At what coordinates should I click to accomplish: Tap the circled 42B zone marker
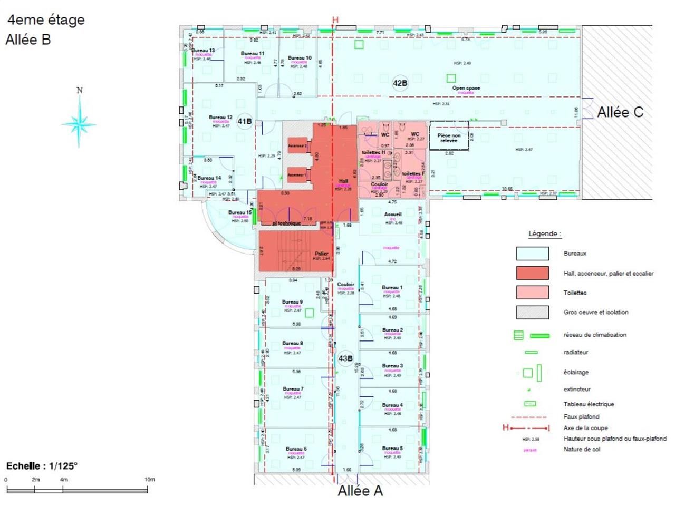coord(400,83)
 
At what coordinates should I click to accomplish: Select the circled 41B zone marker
coord(244,121)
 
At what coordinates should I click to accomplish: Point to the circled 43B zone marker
coord(345,358)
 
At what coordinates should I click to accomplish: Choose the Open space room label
coord(466,88)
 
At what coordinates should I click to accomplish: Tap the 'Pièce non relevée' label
coord(449,138)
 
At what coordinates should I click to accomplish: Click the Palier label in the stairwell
coord(322,254)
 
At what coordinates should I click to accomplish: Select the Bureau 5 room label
coord(392,449)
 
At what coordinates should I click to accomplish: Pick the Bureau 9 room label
coord(292,302)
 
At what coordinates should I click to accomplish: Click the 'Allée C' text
coord(620,112)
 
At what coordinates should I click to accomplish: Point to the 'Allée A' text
coord(360,491)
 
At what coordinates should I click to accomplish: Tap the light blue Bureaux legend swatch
coord(532,254)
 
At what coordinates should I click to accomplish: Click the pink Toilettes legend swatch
coord(532,293)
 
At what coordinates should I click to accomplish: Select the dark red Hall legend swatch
coord(532,273)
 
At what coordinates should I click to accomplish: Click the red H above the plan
coord(335,20)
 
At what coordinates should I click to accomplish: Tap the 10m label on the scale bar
coord(150,480)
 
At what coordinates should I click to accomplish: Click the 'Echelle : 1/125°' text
coord(42,466)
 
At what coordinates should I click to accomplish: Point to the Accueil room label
coord(393,215)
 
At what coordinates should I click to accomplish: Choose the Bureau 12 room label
coord(220,118)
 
